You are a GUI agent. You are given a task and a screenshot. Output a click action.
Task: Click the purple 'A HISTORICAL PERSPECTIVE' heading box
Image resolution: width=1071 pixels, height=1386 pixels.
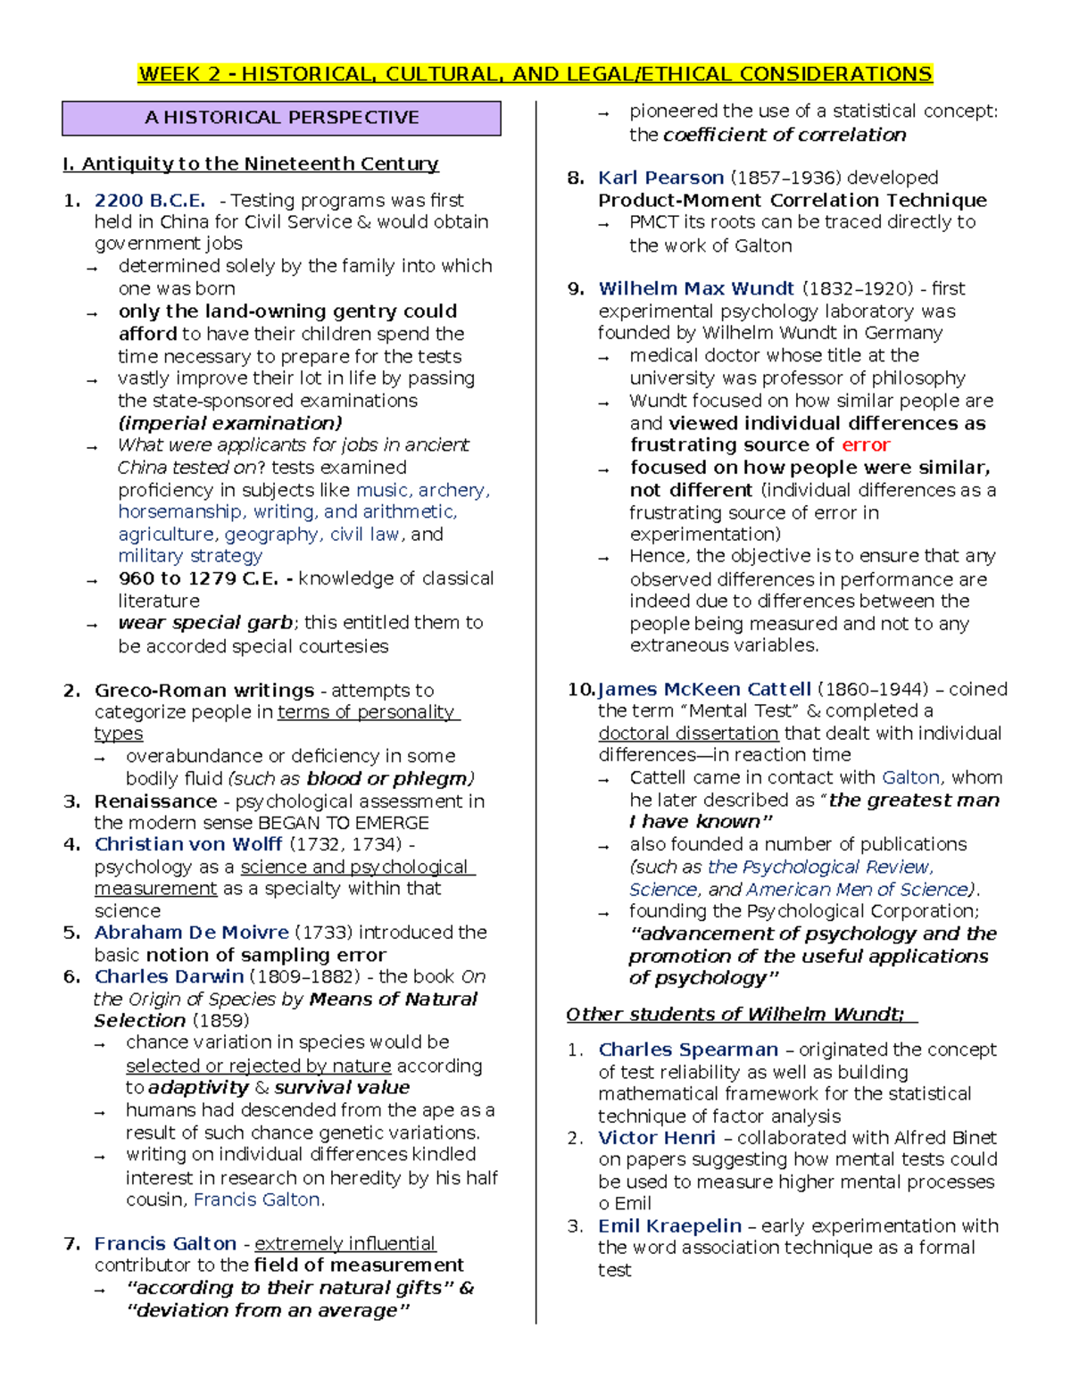(x=281, y=118)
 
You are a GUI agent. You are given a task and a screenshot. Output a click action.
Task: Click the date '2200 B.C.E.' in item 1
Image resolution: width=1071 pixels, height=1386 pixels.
(x=150, y=200)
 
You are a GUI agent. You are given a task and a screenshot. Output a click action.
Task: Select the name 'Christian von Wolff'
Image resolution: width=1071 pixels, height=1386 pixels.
(x=188, y=844)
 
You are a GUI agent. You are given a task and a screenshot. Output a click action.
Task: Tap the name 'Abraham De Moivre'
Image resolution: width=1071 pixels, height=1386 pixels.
(x=192, y=933)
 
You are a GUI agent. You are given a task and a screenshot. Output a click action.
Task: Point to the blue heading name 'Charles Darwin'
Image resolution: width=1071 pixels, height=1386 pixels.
(x=169, y=976)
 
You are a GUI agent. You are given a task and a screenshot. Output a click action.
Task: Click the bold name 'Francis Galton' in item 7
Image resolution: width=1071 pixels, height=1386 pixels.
(x=166, y=1243)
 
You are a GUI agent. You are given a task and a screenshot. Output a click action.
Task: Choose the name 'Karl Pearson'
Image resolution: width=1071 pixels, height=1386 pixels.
(x=660, y=178)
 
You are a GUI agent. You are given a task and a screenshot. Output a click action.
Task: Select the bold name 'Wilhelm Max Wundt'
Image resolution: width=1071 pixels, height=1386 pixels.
(x=696, y=288)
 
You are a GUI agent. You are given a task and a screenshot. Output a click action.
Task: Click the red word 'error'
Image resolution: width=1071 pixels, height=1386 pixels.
(x=866, y=444)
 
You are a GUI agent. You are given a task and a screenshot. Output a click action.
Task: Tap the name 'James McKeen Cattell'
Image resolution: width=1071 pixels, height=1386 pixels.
(x=704, y=689)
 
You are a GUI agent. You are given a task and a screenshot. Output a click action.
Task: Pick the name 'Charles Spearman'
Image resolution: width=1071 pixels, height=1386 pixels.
(x=688, y=1050)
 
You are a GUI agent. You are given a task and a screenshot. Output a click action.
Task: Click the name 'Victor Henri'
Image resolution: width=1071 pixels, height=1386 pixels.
(x=657, y=1138)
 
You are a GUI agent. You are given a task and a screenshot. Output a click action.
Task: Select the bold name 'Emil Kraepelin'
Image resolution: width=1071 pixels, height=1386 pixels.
(x=669, y=1226)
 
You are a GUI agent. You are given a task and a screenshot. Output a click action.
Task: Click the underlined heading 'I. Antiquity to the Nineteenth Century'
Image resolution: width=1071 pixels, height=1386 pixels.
(x=251, y=163)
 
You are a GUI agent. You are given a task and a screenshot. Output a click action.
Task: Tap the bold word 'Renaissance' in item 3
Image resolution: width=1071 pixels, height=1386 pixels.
(x=155, y=801)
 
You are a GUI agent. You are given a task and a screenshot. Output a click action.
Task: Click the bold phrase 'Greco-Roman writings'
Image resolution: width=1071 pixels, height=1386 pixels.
(x=204, y=690)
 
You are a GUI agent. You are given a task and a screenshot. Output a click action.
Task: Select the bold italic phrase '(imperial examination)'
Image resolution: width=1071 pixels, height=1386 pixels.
(x=230, y=423)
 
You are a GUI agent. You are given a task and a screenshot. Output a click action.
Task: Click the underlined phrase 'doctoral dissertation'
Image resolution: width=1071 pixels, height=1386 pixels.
(x=688, y=734)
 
